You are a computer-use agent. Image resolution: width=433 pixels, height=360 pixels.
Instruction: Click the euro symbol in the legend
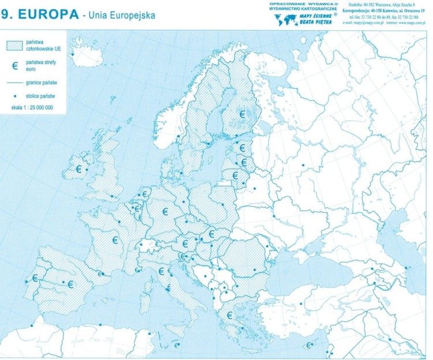point(16,66)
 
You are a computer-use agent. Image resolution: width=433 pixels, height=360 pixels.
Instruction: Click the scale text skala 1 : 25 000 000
point(32,107)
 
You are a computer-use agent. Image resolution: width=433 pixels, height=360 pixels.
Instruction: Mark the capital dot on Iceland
point(73,55)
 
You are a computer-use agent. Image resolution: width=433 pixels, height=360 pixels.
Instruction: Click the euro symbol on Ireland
point(79,169)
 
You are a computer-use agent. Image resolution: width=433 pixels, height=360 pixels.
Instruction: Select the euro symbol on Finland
point(242,114)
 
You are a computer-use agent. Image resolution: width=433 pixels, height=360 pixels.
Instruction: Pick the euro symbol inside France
point(115,239)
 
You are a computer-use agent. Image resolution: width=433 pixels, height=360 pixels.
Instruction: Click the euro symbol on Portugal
point(35,278)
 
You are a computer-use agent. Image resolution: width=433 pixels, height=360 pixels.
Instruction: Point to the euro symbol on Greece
point(230,315)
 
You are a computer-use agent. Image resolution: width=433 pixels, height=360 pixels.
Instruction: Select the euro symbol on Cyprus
point(309,346)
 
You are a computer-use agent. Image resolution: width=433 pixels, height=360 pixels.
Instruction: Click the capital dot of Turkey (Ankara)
point(301,304)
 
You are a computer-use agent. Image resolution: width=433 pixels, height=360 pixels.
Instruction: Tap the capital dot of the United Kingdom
point(111,196)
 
